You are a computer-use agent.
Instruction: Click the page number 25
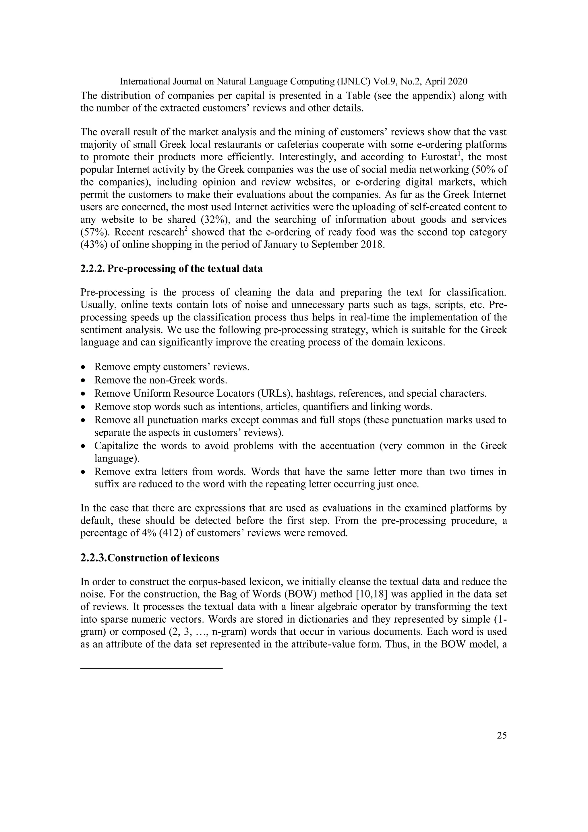(502, 735)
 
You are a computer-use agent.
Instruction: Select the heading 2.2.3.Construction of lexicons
(150, 558)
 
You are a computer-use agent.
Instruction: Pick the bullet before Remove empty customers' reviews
(84, 367)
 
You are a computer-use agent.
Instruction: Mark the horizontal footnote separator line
(151, 668)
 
